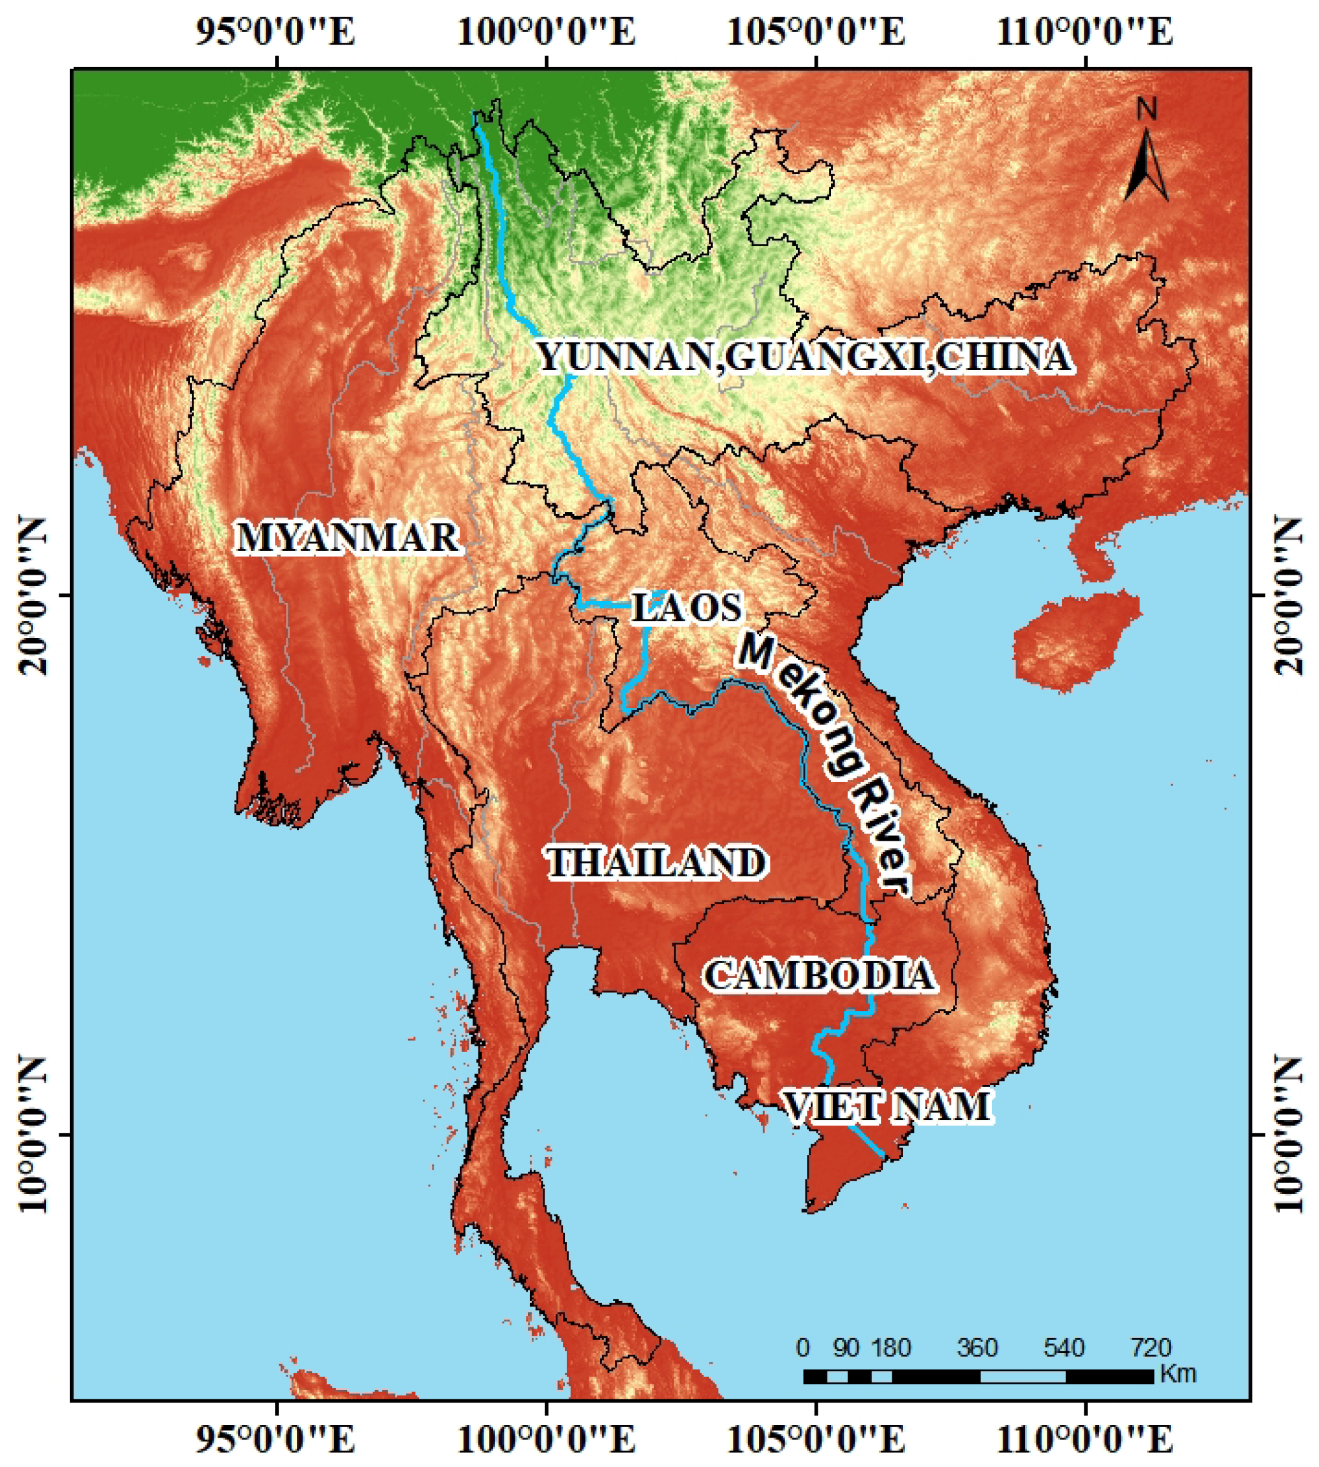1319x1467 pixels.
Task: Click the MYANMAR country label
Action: click(x=347, y=538)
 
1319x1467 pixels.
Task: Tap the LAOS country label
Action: click(x=686, y=607)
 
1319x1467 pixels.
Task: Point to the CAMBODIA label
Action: click(x=820, y=975)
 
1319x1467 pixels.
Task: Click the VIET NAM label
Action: click(x=887, y=1107)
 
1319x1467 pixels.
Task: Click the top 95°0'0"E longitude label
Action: click(x=276, y=33)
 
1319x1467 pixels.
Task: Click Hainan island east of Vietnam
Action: click(x=1076, y=638)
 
